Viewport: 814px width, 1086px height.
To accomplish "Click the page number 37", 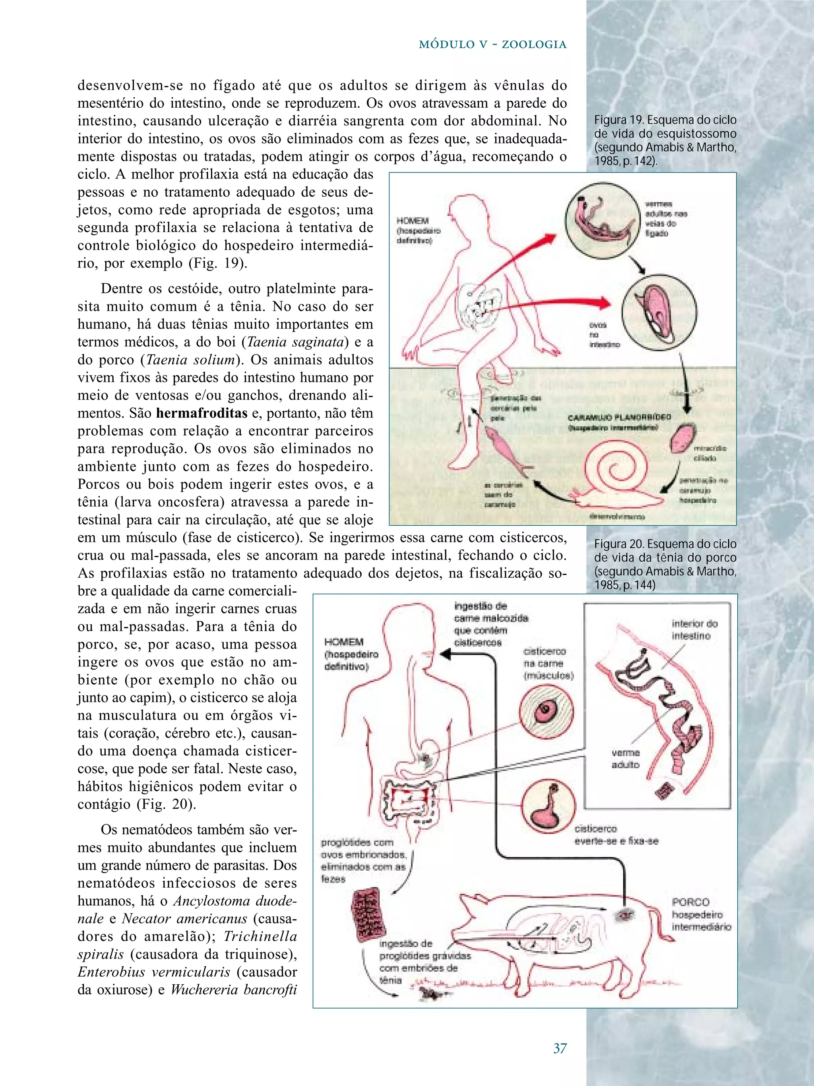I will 560,1048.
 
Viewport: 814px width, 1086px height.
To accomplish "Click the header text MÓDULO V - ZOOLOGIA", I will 492,45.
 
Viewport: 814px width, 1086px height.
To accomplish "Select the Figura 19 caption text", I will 665,140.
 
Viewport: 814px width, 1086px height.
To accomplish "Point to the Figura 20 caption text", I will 665,565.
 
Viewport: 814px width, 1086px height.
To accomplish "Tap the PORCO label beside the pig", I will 690,902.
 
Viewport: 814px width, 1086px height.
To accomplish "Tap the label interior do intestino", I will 694,630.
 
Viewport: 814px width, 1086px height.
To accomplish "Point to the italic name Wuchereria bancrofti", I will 234,989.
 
